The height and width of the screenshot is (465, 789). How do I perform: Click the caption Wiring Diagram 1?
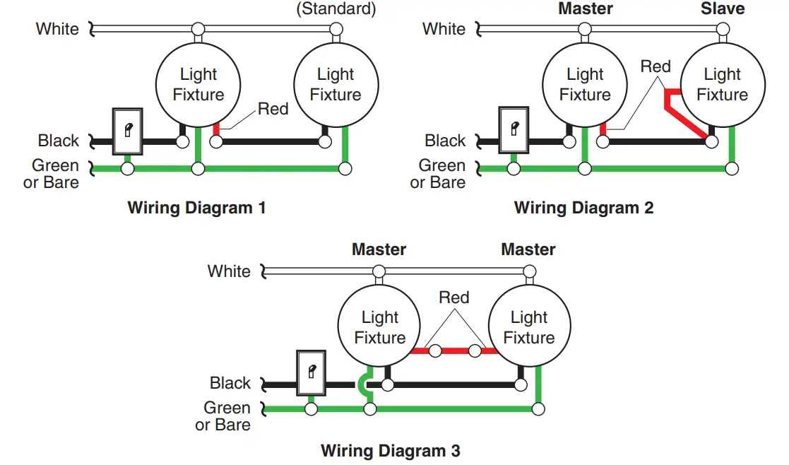pyautogui.click(x=196, y=208)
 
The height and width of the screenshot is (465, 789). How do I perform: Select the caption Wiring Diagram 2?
pyautogui.click(x=583, y=208)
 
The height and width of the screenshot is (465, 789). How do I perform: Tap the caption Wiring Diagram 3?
pyautogui.click(x=391, y=450)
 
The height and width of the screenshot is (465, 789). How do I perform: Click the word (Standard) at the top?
pyautogui.click(x=336, y=8)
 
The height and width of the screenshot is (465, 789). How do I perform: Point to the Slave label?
pyautogui.click(x=723, y=8)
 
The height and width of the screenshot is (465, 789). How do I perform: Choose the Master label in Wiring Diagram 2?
pyautogui.click(x=585, y=8)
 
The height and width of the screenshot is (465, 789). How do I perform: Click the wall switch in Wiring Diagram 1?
pyautogui.click(x=128, y=131)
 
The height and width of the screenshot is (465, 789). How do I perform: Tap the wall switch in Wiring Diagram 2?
pyautogui.click(x=514, y=129)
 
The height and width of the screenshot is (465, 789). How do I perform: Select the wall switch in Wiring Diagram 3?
pyautogui.click(x=309, y=372)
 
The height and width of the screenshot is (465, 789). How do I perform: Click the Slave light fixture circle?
pyautogui.click(x=722, y=84)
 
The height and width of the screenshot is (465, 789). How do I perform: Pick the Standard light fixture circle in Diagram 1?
pyautogui.click(x=336, y=84)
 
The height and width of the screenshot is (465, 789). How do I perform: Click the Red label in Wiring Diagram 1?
pyautogui.click(x=273, y=109)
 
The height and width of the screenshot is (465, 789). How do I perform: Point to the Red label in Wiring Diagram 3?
pyautogui.click(x=453, y=297)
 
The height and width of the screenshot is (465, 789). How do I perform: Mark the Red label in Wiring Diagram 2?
pyautogui.click(x=655, y=66)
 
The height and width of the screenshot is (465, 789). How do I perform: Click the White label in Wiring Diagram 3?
pyautogui.click(x=229, y=271)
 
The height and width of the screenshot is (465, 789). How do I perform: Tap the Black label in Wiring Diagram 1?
pyautogui.click(x=59, y=141)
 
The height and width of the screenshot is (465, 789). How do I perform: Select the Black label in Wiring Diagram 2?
pyautogui.click(x=445, y=141)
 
